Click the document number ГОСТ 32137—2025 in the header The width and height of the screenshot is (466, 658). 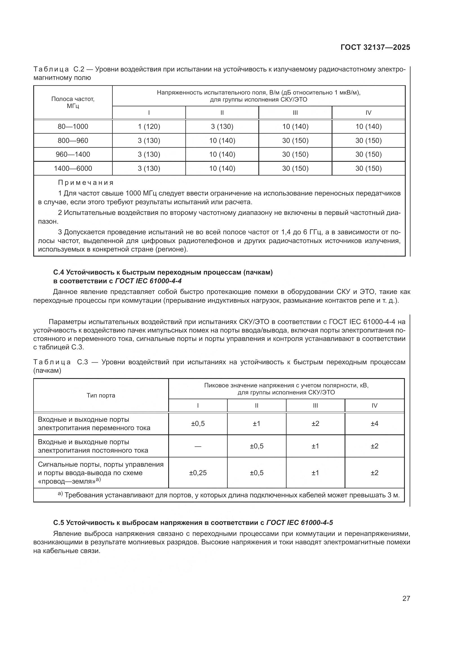(x=375, y=47)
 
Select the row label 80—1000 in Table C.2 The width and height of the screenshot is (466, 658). (x=73, y=126)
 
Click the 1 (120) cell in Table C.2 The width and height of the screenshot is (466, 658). (x=149, y=126)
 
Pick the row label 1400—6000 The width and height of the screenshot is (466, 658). (x=73, y=168)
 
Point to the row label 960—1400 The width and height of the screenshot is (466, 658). (x=73, y=154)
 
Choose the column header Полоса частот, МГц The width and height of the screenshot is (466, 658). (x=73, y=102)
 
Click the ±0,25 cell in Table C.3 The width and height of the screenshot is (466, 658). (x=198, y=473)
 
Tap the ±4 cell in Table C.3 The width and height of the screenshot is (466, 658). (x=374, y=423)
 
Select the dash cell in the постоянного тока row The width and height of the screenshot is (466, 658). (x=198, y=446)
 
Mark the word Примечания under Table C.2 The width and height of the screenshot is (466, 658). (x=86, y=183)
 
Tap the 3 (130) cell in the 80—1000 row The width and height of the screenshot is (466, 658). (x=222, y=126)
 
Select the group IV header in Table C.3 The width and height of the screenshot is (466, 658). (x=374, y=406)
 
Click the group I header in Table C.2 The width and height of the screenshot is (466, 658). (x=149, y=113)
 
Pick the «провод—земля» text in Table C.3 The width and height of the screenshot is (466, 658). (x=66, y=481)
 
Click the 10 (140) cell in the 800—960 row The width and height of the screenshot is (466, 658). (x=222, y=140)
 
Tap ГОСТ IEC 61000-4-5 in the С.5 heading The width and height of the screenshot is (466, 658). (x=299, y=522)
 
